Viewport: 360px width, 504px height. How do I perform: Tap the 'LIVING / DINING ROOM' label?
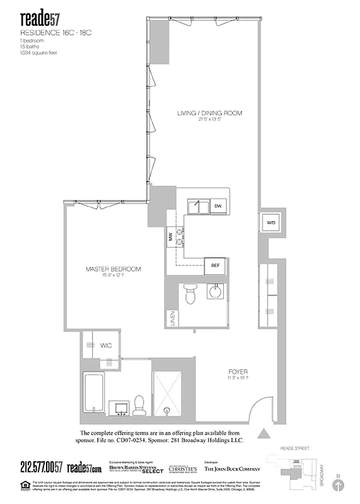tap(209, 113)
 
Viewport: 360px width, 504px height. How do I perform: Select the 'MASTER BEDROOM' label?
tap(113, 269)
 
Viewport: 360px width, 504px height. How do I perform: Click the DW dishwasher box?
tap(218, 206)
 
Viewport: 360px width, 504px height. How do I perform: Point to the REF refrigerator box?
tap(214, 265)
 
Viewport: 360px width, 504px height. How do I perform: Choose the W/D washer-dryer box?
tap(270, 222)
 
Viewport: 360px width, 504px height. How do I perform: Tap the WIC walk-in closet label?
tap(106, 345)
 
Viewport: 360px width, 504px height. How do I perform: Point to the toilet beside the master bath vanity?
tap(139, 406)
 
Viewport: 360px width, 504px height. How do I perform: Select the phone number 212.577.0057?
tap(42, 467)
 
